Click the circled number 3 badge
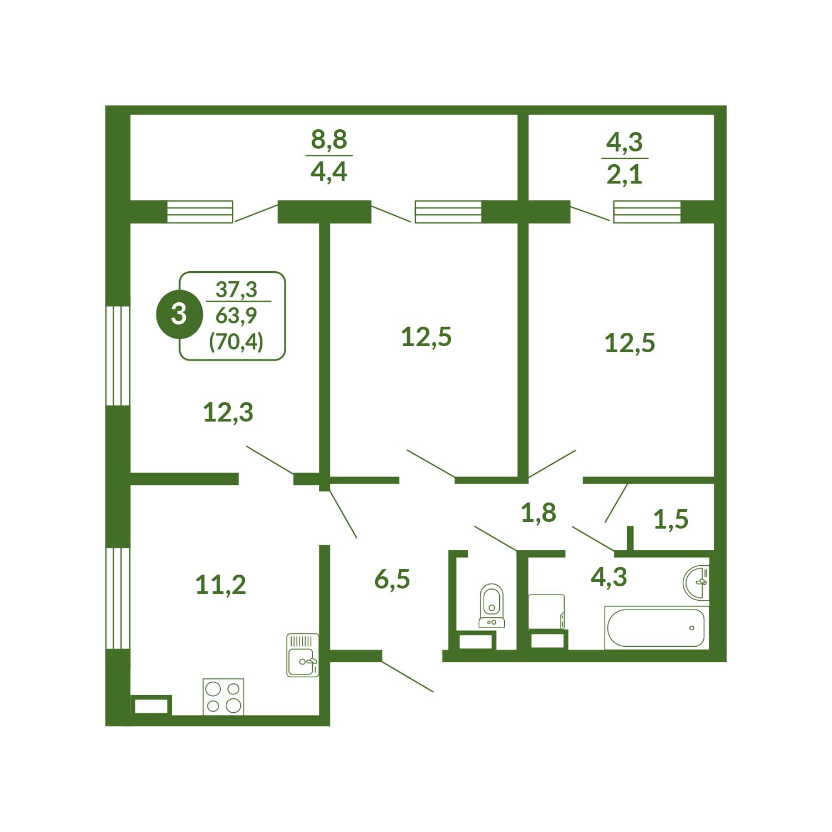(x=179, y=314)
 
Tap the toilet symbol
(x=491, y=606)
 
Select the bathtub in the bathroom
(x=656, y=628)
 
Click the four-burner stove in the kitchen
(x=224, y=697)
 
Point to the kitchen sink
(x=303, y=655)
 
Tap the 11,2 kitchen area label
(x=221, y=585)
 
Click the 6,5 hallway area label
(x=392, y=579)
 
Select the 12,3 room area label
(x=229, y=413)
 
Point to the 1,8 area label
(x=539, y=513)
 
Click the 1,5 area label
(x=671, y=519)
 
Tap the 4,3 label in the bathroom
(x=609, y=577)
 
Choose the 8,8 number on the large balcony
(x=329, y=139)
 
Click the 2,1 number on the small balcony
(x=625, y=175)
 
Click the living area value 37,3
(x=236, y=289)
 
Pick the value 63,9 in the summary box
(x=236, y=316)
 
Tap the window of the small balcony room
(x=647, y=212)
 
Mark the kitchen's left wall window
(x=118, y=598)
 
